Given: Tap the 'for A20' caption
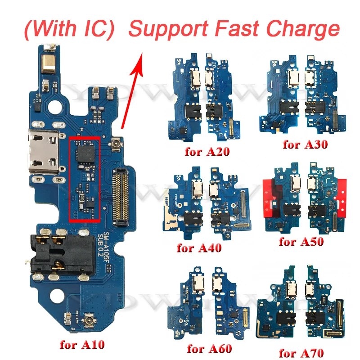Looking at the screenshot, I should click(207, 151).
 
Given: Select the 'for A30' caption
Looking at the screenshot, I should click(305, 145).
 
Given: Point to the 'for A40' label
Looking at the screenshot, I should click(199, 247).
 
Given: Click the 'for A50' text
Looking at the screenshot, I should click(301, 242).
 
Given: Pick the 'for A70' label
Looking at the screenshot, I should click(301, 352).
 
